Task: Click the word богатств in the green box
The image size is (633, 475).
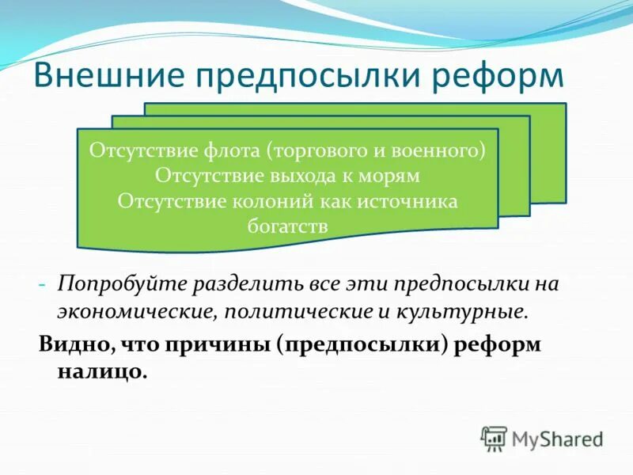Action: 287,225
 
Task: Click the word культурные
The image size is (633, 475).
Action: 464,310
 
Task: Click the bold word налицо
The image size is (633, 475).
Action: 101,371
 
